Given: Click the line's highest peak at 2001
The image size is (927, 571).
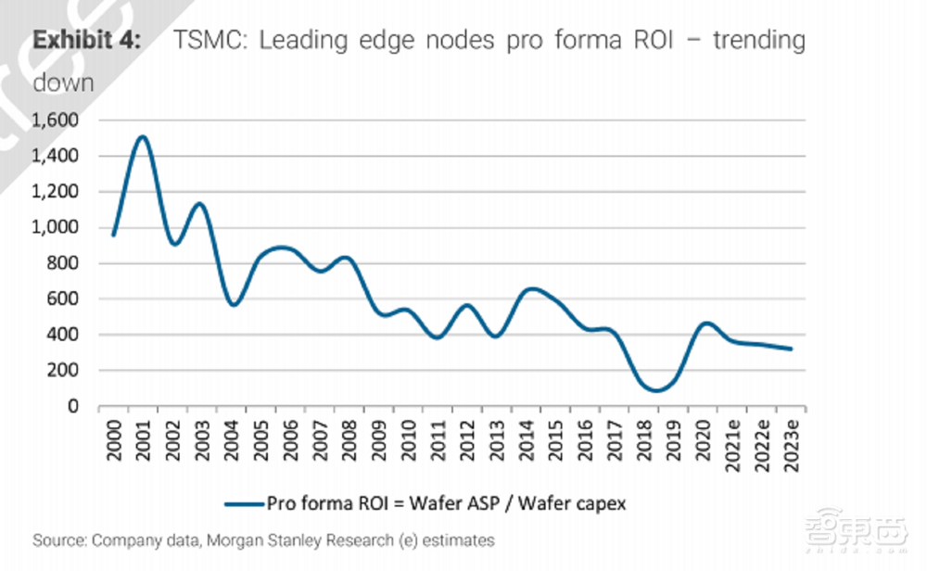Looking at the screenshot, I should coord(142,137).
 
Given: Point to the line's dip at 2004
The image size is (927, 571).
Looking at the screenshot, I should coord(234,304).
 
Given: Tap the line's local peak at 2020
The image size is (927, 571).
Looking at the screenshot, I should coord(706,324).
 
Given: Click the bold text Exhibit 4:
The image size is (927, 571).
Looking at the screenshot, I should coord(87,41).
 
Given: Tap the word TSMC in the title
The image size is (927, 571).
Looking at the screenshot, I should coord(197,41).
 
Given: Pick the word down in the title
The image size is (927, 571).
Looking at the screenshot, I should coord(63,82).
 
